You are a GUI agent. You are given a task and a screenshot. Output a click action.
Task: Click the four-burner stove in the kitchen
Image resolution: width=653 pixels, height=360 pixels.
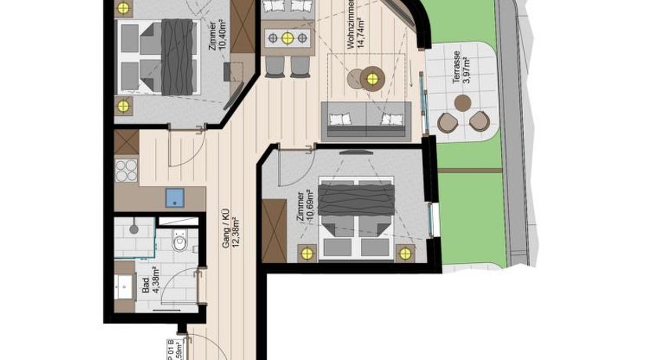(126, 170)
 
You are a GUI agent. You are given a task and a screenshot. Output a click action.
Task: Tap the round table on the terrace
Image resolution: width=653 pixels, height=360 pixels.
(463, 103)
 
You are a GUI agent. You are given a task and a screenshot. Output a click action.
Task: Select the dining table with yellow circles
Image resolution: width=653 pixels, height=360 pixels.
(288, 37)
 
